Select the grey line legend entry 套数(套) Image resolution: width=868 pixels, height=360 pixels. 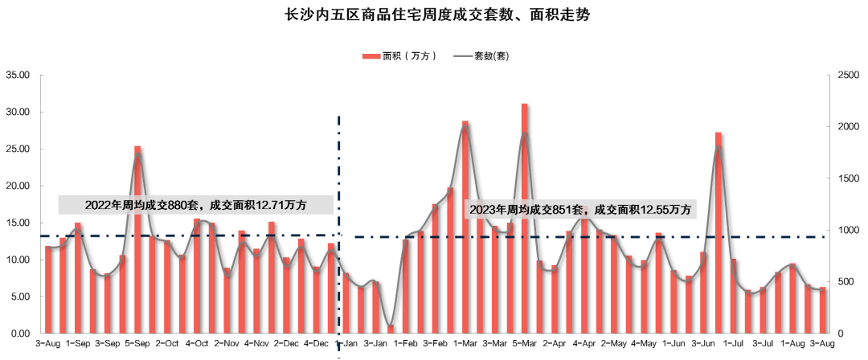481,56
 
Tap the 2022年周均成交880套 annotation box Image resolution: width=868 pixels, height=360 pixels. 195,205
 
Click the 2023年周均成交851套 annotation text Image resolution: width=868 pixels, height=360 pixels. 580,209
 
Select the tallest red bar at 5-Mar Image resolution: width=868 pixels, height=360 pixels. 524,217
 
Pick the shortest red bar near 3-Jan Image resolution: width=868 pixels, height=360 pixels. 391,328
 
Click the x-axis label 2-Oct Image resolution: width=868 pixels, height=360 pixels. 167,343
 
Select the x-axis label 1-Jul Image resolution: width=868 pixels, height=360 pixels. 733,343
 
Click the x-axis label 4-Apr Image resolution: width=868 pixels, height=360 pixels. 584,343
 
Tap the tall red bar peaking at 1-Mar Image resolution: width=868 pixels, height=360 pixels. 465,226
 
